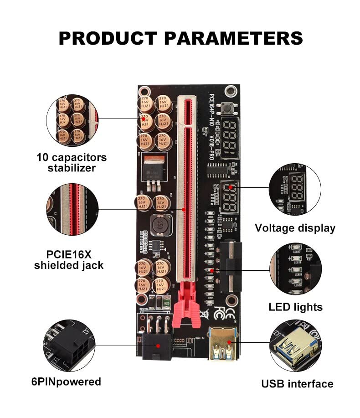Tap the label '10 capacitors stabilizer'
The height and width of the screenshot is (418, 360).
coord(72,163)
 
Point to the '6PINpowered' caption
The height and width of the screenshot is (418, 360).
coord(67,382)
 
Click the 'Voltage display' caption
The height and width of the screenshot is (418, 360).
coord(295,228)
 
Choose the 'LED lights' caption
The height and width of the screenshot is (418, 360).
coord(295,307)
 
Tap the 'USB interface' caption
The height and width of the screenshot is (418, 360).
coord(297,384)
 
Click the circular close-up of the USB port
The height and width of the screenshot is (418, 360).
coord(295,345)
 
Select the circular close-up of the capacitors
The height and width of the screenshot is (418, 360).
coord(72,120)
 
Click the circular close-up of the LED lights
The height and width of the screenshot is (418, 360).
coord(295,269)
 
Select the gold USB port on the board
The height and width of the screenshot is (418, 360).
coord(222,343)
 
